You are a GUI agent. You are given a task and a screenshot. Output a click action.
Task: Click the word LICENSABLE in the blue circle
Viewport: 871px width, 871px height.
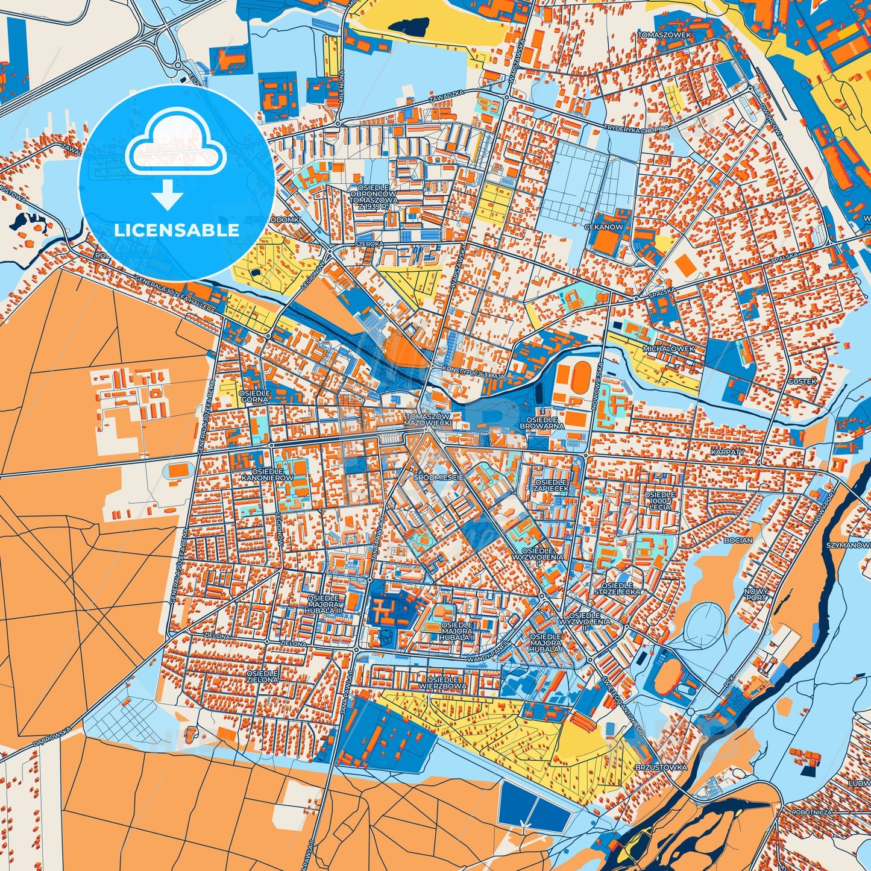pos(176,230)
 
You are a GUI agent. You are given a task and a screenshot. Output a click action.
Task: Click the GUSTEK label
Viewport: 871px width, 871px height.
pos(802,382)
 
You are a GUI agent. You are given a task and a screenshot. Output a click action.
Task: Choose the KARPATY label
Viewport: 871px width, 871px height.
pos(728,451)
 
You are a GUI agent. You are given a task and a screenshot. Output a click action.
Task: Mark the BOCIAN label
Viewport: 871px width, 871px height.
pos(738,541)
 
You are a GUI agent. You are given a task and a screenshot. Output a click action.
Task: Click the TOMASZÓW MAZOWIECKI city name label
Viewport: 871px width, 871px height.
pos(429,420)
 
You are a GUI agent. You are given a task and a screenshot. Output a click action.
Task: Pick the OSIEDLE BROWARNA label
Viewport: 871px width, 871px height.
pos(542,422)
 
